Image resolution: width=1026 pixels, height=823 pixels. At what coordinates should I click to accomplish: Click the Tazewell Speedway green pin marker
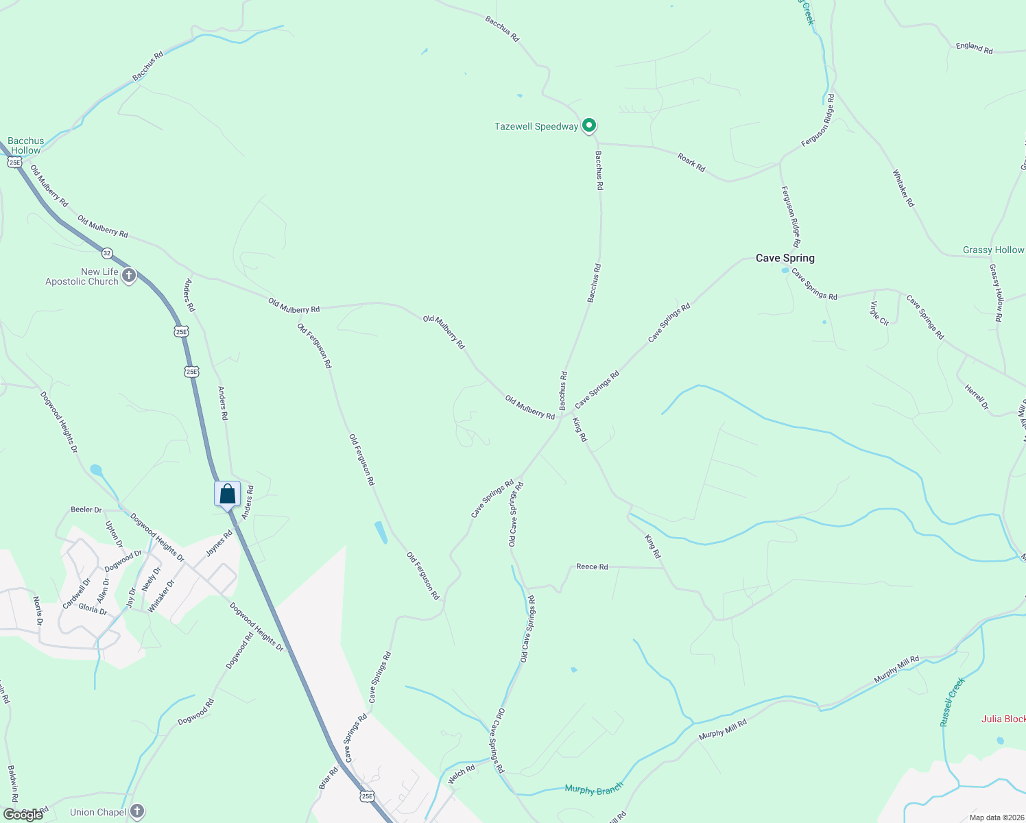(588, 126)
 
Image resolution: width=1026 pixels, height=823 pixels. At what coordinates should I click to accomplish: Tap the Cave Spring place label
(785, 259)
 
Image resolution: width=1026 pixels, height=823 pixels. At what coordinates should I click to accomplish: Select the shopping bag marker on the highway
(227, 494)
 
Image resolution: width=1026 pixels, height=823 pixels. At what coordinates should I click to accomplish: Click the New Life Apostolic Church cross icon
(128, 276)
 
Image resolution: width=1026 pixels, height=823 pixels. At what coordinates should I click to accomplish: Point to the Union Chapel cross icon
(137, 812)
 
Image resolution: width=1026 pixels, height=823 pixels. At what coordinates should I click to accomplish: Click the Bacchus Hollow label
(26, 145)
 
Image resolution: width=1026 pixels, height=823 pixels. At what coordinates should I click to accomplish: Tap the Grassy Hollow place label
(993, 250)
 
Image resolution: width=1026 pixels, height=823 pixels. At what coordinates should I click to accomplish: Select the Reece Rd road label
(592, 566)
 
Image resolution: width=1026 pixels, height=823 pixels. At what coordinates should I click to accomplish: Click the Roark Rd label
(691, 163)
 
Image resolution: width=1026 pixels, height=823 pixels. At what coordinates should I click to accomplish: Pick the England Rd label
(974, 48)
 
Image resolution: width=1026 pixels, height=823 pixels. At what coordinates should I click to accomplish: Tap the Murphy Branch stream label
(594, 789)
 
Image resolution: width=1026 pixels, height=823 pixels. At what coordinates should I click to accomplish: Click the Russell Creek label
(952, 702)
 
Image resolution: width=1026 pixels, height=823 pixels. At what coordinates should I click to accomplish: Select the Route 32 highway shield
(107, 253)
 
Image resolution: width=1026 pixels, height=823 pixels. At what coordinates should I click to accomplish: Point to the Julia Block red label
(1003, 719)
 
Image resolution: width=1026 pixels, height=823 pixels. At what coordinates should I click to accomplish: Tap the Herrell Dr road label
(977, 397)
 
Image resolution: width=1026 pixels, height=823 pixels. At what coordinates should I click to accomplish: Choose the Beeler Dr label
(86, 510)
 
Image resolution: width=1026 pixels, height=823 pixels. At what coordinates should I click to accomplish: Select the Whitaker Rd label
(903, 189)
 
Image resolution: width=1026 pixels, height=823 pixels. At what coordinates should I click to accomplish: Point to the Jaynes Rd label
(219, 543)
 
